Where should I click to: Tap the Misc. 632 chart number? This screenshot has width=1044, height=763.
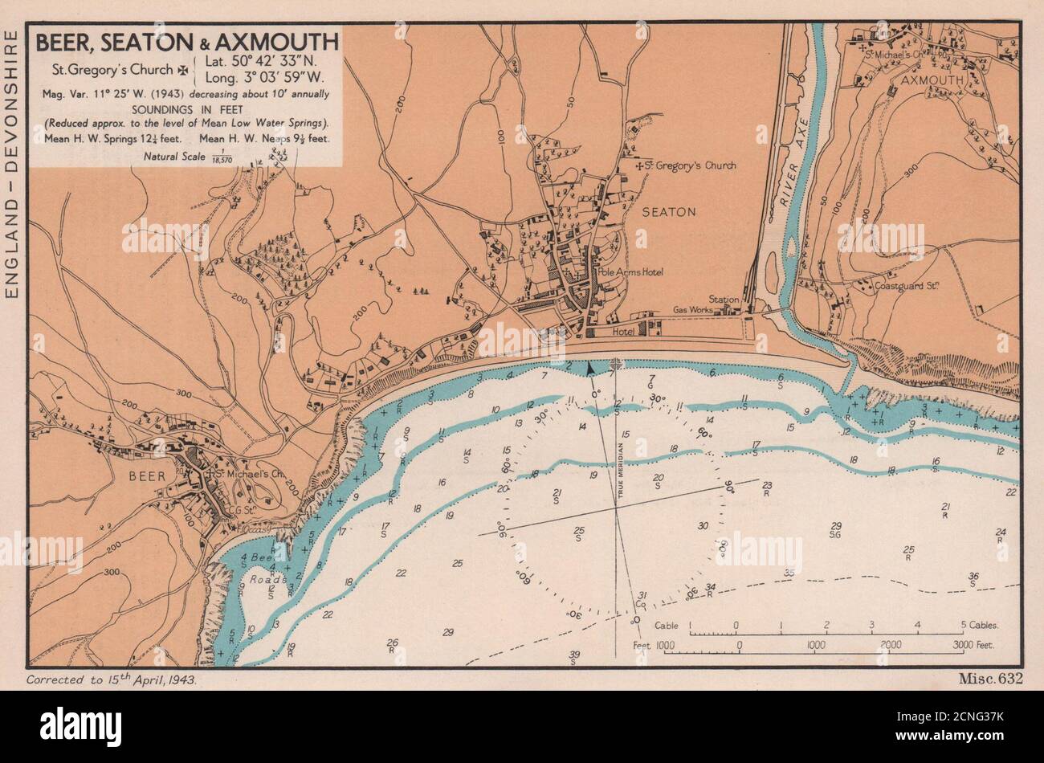[989, 679]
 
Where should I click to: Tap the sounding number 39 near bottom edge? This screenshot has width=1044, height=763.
[574, 655]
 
